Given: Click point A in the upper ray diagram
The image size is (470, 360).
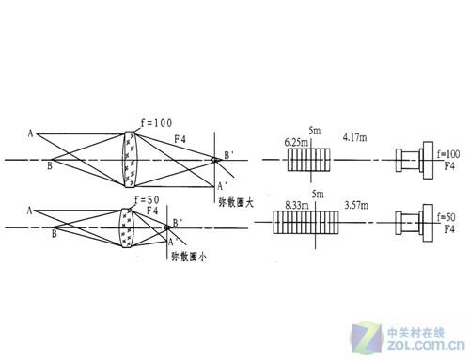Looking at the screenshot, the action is click(x=30, y=133).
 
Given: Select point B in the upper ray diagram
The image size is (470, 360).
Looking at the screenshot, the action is click(x=50, y=165).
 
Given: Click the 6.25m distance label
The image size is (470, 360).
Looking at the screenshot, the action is click(x=297, y=141).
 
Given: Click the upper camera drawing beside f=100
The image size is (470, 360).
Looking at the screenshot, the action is click(x=415, y=160).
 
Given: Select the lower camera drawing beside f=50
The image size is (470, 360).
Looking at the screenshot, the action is click(x=415, y=225).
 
